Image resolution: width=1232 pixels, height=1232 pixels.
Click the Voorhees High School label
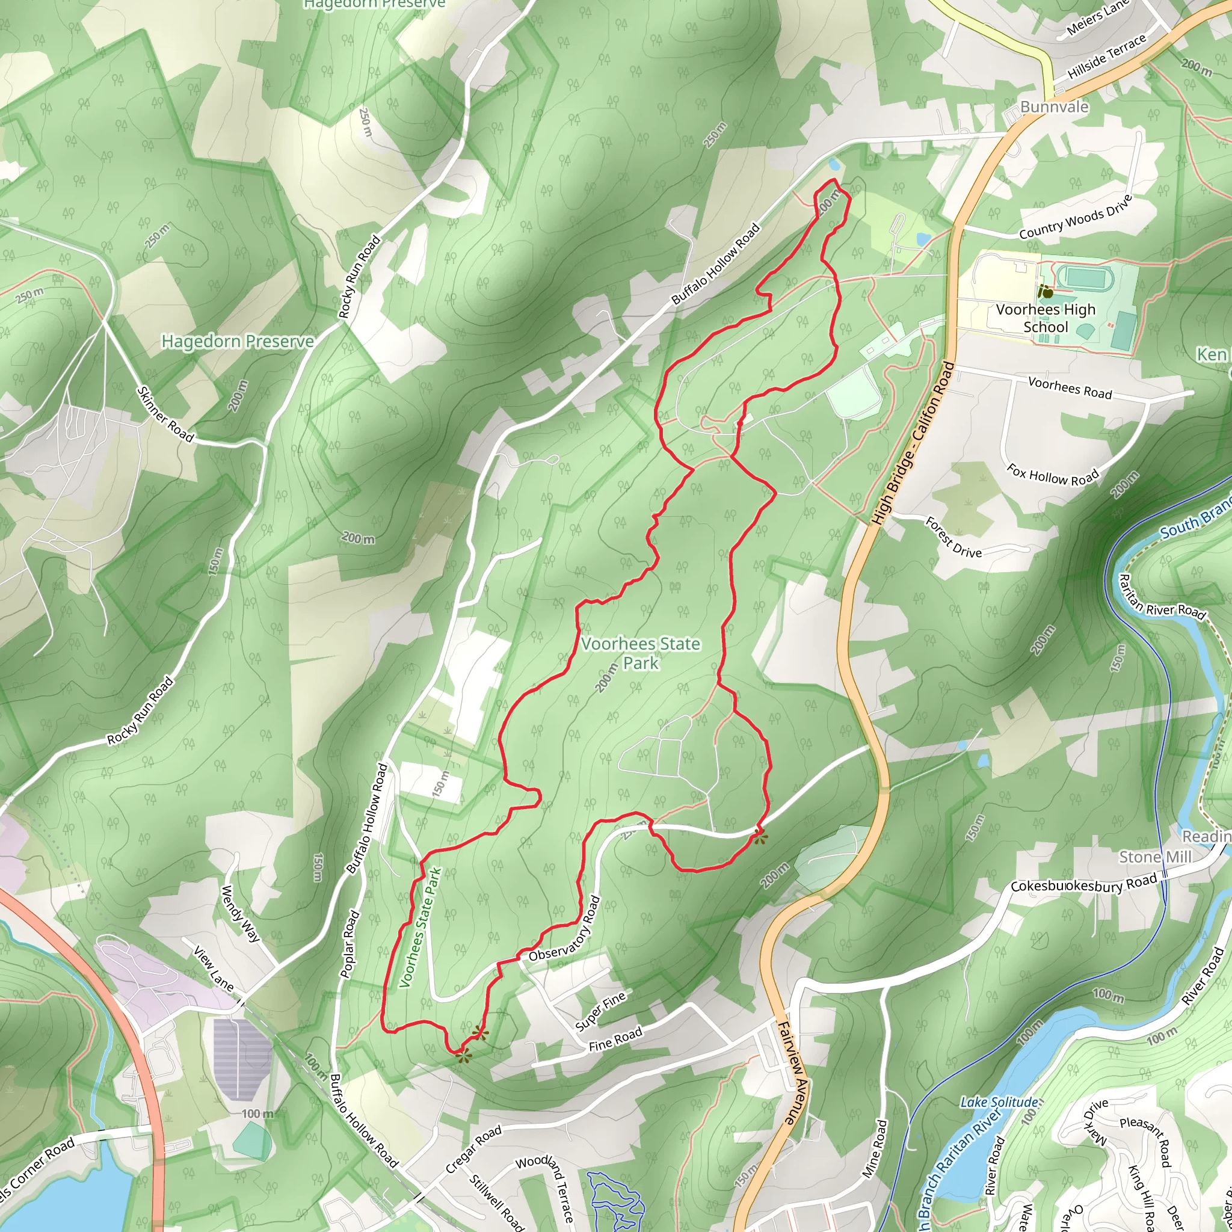[x=1045, y=318]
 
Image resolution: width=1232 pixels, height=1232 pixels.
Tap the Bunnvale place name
[x=1054, y=106]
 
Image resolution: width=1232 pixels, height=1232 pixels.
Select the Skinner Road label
[x=165, y=414]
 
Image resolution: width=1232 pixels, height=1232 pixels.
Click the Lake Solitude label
[x=999, y=1102]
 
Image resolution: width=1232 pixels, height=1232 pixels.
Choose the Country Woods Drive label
[x=1075, y=217]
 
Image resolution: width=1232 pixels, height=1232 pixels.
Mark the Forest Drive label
[x=953, y=538]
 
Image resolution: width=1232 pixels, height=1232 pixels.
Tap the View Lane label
[x=214, y=969]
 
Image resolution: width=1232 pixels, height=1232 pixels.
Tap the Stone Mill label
[x=1155, y=857]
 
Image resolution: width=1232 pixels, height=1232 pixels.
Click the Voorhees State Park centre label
[x=640, y=653]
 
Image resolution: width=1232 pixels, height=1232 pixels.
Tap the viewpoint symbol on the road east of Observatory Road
[x=759, y=837]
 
